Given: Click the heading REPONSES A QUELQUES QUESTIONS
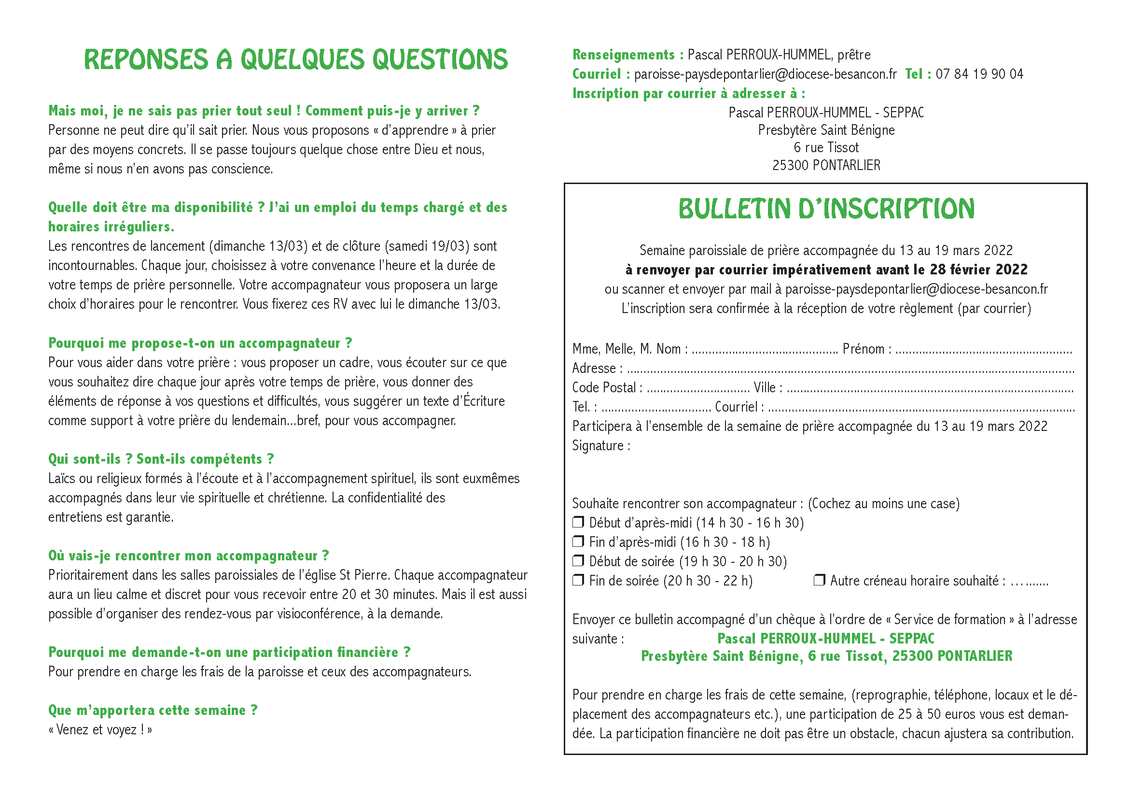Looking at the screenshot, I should [295, 59].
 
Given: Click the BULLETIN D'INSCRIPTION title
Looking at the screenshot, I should [826, 209].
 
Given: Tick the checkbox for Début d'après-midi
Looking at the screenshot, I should [578, 522].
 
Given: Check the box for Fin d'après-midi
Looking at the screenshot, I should [578, 541].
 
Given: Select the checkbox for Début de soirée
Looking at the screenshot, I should [578, 561].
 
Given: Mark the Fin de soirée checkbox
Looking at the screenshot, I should [578, 580].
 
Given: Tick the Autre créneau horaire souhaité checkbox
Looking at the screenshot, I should [819, 580].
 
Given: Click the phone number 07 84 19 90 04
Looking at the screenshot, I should [979, 74].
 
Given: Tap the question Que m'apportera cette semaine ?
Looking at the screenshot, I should [153, 711].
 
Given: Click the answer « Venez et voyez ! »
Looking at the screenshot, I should [100, 729].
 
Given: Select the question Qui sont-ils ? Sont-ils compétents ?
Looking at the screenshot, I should [161, 459].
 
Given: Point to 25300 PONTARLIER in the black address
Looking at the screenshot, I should [826, 165].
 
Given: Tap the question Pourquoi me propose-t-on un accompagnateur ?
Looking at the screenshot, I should [200, 343].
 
